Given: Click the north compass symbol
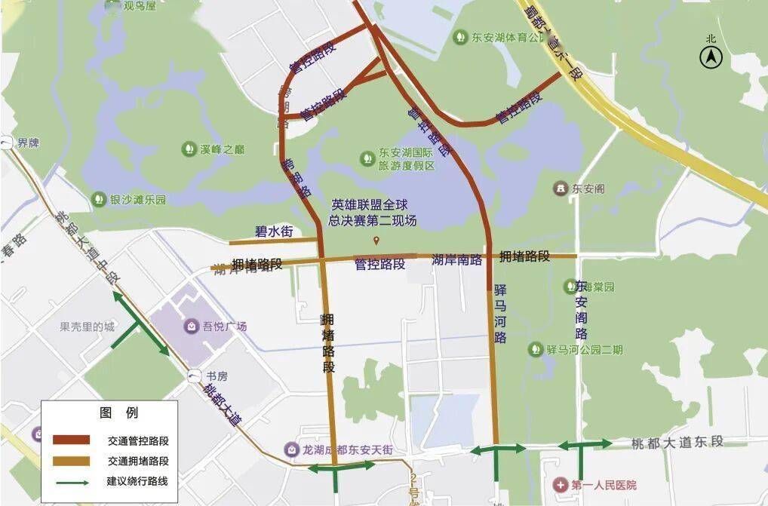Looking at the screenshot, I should click(x=711, y=57).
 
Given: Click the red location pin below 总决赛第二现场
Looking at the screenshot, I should click(x=376, y=241).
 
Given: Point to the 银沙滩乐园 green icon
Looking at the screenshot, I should click(x=98, y=199).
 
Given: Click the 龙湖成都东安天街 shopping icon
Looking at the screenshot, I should click(x=291, y=449).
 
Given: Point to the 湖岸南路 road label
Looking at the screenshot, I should click(x=457, y=259).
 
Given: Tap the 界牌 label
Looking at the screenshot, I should click(x=28, y=142).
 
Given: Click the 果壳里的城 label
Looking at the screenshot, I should click(x=88, y=327).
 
